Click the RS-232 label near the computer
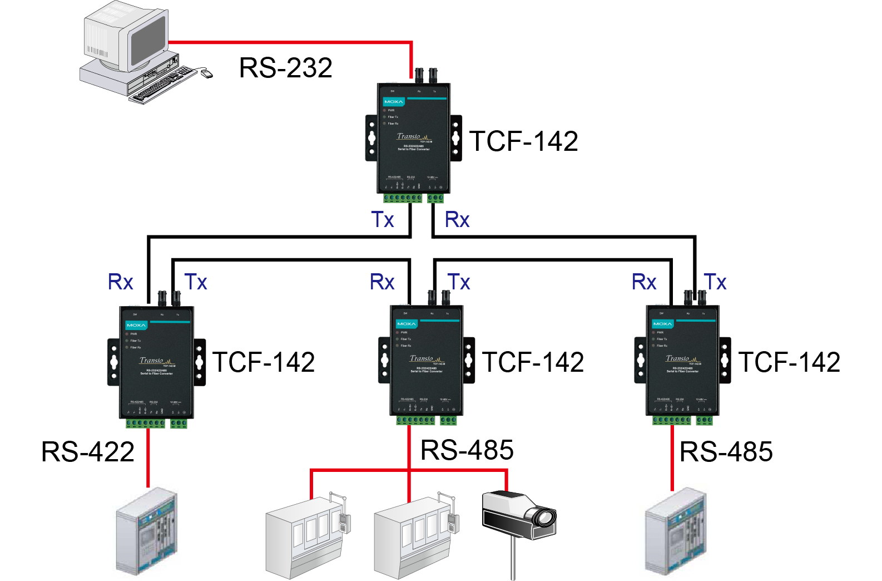point(285,68)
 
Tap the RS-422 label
point(88,451)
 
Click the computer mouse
point(206,73)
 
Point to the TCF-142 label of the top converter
point(523,141)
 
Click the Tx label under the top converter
point(383,220)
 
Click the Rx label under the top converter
point(457,220)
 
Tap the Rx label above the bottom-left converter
point(121,282)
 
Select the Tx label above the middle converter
point(459,282)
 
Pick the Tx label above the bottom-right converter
point(715,282)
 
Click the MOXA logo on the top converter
point(393,102)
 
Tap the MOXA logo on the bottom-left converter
point(136,325)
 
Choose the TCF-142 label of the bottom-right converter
point(789,362)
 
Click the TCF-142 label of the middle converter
point(533,362)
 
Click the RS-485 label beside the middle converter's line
point(467,450)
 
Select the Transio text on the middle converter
point(422,359)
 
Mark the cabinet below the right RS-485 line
point(675,531)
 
